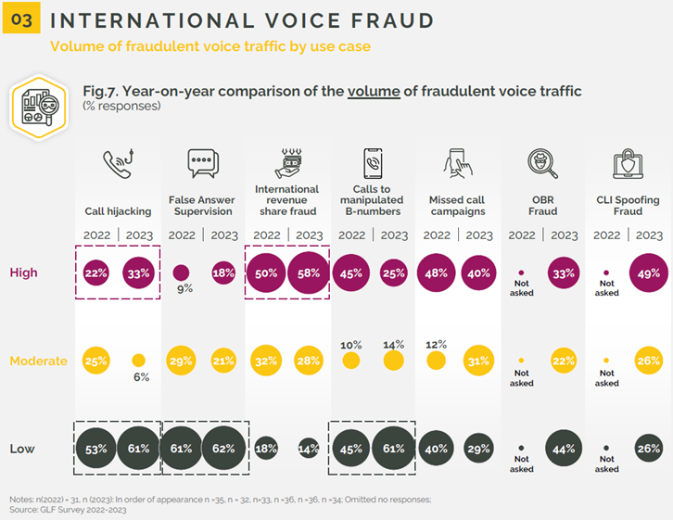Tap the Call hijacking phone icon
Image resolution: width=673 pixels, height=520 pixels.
tap(118, 165)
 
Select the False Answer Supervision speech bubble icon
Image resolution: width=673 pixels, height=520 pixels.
tap(202, 163)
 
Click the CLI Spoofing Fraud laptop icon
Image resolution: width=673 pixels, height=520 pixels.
tap(629, 165)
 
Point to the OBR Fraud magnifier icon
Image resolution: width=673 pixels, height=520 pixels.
tap(543, 165)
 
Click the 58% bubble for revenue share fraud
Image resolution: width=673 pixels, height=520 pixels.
tap(310, 273)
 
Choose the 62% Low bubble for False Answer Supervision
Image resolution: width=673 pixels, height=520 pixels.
tap(224, 450)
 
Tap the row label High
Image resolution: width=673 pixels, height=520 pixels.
tap(23, 273)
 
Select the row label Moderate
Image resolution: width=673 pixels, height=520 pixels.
tap(37, 361)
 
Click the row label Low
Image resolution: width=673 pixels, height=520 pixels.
tap(22, 450)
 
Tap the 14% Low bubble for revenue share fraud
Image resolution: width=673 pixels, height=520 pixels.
tap(310, 450)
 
